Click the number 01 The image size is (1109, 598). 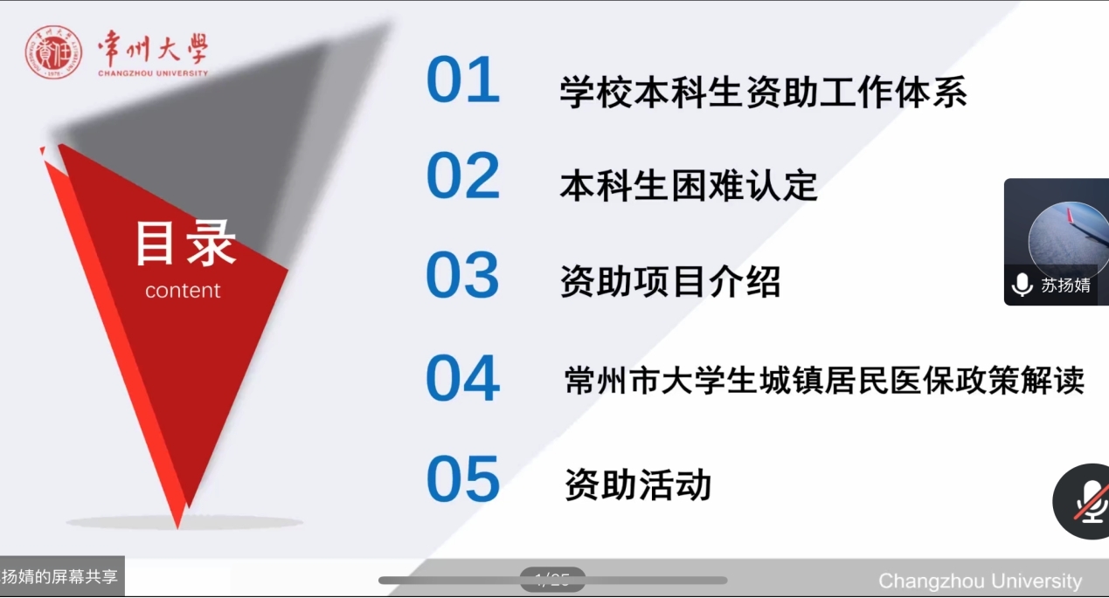[463, 79]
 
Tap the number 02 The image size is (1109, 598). [463, 175]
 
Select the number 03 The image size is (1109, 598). [463, 275]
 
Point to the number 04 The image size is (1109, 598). [463, 378]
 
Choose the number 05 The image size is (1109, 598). [463, 478]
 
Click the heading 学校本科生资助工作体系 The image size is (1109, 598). [763, 92]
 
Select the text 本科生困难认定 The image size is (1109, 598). [688, 186]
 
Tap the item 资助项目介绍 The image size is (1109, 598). [669, 281]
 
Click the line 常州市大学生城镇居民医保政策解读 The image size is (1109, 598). [824, 380]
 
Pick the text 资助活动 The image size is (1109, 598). [638, 485]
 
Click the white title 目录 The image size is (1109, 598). [185, 243]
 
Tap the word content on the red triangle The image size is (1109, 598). [183, 291]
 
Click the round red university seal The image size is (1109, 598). [53, 52]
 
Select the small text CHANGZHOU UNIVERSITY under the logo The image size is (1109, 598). [153, 73]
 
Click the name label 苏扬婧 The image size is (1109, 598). [1065, 285]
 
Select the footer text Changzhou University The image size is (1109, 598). [980, 581]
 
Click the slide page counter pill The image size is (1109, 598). [552, 579]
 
